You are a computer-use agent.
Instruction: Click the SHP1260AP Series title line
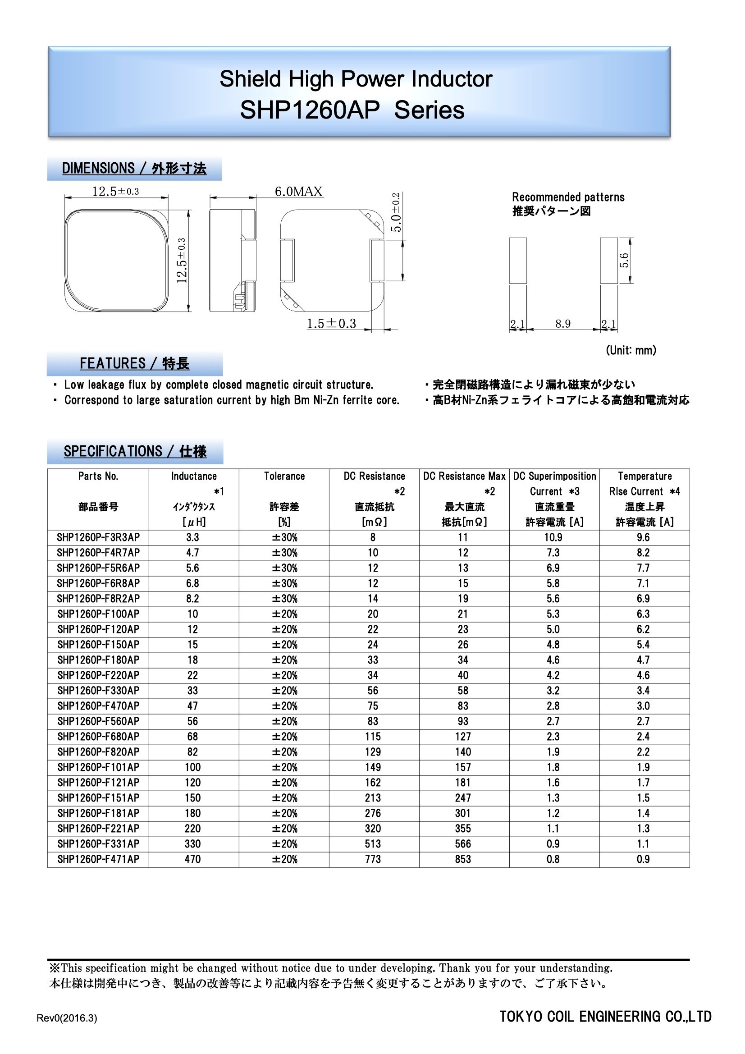352,110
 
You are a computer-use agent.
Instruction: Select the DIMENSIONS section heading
134,169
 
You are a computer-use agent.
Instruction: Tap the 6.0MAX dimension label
298,192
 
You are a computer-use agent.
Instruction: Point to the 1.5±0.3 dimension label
331,324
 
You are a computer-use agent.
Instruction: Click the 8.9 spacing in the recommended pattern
563,324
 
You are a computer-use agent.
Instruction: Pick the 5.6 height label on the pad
624,260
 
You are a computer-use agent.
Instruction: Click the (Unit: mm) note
631,350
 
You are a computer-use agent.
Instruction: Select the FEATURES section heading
134,363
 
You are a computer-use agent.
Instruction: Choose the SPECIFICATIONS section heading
135,451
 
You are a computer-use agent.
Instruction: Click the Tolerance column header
284,476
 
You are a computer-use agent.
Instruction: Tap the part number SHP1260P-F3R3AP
98,537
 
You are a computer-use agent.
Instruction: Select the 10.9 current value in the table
553,537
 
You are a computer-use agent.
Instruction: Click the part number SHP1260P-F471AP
98,859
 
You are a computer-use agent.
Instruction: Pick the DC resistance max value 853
463,859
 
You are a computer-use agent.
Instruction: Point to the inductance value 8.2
192,599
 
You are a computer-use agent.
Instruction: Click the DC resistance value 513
373,844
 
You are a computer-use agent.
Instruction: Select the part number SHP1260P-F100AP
98,614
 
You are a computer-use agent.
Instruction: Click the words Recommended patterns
568,197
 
